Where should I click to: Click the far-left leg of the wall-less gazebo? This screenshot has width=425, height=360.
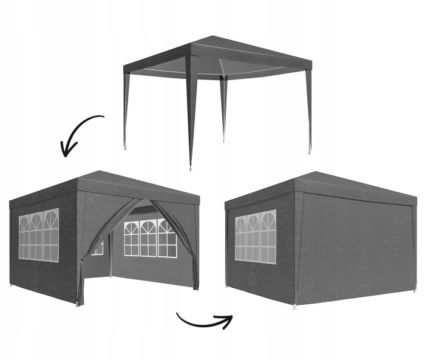[126, 109]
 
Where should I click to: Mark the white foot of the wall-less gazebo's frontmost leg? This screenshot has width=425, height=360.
[191, 166]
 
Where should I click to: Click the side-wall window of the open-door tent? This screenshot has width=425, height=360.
[39, 236]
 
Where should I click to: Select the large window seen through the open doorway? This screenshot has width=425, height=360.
[148, 239]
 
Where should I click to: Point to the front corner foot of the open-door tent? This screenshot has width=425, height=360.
[78, 303]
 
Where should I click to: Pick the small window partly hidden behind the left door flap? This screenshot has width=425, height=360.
[98, 248]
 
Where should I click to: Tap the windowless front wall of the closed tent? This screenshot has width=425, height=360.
[352, 249]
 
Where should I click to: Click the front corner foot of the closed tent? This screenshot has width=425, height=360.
[294, 304]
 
